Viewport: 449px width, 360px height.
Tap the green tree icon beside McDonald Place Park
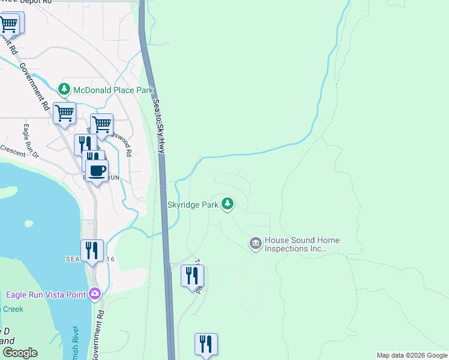pyautogui.click(x=64, y=89)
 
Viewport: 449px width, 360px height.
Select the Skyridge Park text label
pyautogui.click(x=193, y=205)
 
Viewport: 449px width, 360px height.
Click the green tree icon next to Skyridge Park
pyautogui.click(x=227, y=204)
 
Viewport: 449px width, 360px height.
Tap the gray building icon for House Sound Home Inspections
pyautogui.click(x=255, y=243)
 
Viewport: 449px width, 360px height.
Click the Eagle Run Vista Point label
pyautogui.click(x=46, y=294)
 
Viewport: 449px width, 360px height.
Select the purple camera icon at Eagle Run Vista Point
pyautogui.click(x=94, y=293)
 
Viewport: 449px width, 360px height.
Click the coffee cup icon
pyautogui.click(x=96, y=170)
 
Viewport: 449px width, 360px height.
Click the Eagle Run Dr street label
pyautogui.click(x=31, y=142)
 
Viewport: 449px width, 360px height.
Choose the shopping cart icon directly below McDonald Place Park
pyautogui.click(x=64, y=112)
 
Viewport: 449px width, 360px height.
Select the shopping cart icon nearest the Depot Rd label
pyautogui.click(x=9, y=24)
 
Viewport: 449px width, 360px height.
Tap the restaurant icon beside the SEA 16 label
pyautogui.click(x=92, y=250)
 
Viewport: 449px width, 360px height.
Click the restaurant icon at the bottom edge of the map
pyautogui.click(x=206, y=344)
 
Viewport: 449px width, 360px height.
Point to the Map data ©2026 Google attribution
pyautogui.click(x=412, y=355)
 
